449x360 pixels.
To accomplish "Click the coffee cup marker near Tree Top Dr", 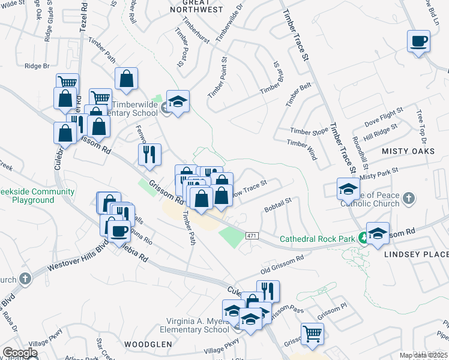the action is [x=419, y=42].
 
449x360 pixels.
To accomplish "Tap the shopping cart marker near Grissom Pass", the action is [x=313, y=334].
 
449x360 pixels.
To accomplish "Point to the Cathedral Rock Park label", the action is [x=318, y=239].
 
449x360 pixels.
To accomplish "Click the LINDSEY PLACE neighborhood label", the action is [x=416, y=254].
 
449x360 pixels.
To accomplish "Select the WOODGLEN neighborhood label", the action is [x=148, y=344].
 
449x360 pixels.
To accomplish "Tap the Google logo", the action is [x=20, y=353].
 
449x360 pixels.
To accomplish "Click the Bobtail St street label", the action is [x=277, y=205].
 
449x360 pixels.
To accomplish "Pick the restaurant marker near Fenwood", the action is [x=149, y=154].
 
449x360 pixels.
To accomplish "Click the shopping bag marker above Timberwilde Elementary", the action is [x=127, y=79].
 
